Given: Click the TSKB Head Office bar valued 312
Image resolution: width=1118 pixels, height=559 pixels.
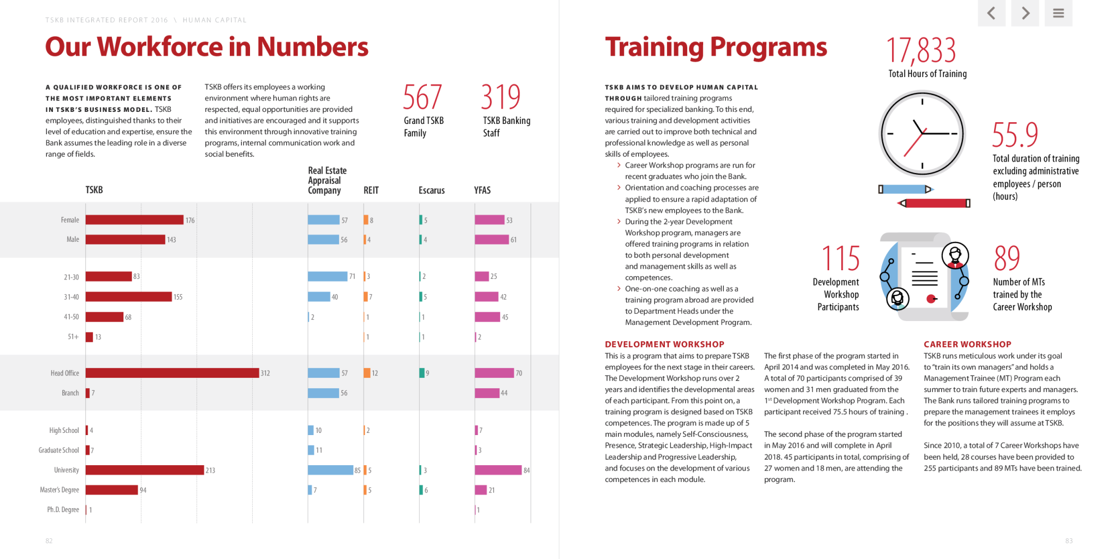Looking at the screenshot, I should (172, 373).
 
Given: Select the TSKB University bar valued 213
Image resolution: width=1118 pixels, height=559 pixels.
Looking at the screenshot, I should (145, 470).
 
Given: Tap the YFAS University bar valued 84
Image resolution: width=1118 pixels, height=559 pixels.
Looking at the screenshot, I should (498, 470).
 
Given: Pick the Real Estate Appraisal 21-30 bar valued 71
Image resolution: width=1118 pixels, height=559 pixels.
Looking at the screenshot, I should (328, 276).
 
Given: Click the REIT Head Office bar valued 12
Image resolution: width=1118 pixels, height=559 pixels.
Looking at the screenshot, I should (367, 373).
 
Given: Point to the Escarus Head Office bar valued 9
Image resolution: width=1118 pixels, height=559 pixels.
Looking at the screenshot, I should (422, 373).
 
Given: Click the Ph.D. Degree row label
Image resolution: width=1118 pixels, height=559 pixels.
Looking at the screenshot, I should (63, 510).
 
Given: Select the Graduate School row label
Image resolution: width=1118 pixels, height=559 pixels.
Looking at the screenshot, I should (58, 450).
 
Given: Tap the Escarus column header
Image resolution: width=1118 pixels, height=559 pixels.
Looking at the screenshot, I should (431, 191).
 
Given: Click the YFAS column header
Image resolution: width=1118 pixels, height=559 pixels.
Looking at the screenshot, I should (482, 191).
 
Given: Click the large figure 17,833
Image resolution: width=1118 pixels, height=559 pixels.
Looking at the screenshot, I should (920, 50).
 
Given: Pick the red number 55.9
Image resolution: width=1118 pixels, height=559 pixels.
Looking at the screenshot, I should (1015, 135).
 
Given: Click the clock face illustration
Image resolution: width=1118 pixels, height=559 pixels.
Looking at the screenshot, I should (922, 134).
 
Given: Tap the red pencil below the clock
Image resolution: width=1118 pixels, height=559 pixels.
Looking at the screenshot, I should (933, 204).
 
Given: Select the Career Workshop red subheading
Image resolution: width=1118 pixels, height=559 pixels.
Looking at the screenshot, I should (967, 344).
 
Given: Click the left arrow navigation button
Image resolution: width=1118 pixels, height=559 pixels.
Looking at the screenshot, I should (991, 13).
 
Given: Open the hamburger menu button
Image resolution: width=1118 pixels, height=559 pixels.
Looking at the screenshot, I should (1058, 13).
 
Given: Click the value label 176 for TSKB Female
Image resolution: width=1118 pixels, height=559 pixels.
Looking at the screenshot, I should (190, 221).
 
